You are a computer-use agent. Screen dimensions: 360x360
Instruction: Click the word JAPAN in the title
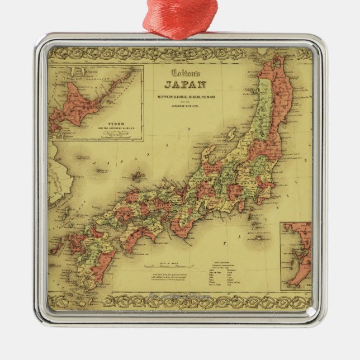[184, 85]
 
